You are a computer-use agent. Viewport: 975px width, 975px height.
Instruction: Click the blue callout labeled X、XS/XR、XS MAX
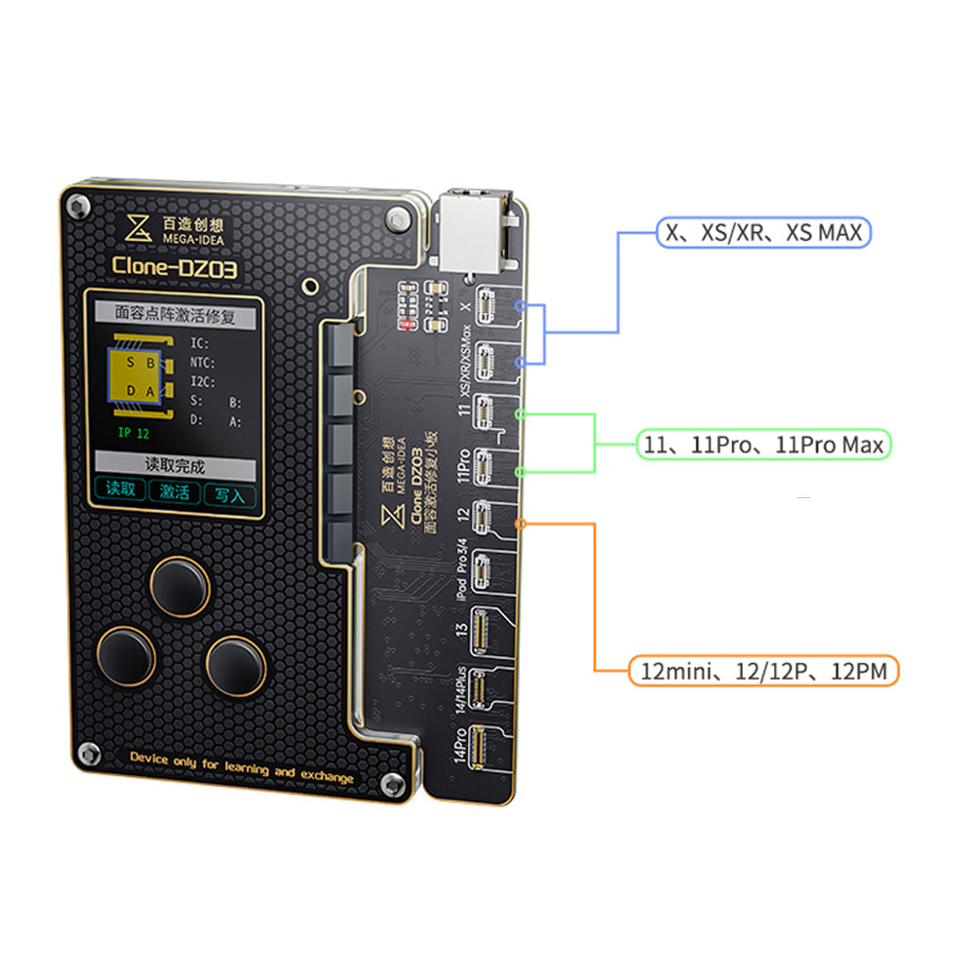[x=762, y=232]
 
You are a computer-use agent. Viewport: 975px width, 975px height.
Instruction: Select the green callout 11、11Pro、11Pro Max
[x=762, y=445]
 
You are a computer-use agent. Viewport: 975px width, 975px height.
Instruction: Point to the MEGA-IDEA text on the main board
[x=171, y=235]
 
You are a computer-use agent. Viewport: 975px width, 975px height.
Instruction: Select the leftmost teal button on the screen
[x=121, y=490]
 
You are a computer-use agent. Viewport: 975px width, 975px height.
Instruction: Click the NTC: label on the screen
[x=201, y=362]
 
